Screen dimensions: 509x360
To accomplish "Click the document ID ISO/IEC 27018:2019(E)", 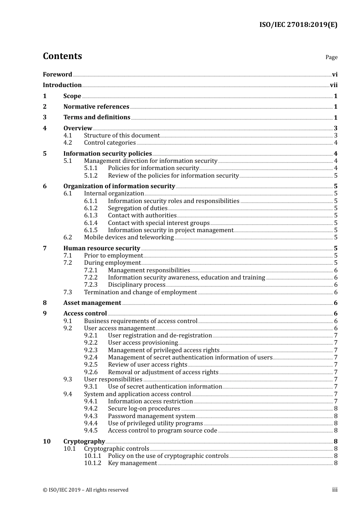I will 298,25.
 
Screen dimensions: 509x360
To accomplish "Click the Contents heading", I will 62,56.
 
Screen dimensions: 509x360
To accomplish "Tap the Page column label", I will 331,57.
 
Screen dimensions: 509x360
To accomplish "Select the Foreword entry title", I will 57,75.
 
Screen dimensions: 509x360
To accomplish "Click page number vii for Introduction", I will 333,85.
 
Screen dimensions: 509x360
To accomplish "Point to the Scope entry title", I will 72,96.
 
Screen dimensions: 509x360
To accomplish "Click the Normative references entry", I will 96,107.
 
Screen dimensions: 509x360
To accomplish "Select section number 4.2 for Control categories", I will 67,143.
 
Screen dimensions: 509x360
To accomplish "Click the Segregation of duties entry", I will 138,208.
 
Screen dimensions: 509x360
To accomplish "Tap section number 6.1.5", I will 91,230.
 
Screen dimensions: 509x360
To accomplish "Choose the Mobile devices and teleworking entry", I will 129,237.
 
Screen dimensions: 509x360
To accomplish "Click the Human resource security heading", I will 102,248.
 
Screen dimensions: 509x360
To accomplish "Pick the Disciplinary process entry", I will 136,285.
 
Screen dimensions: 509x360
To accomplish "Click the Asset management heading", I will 92,303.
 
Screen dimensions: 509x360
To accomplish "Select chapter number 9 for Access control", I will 45,314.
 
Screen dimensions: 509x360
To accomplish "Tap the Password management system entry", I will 151,416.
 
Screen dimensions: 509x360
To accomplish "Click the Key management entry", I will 132,463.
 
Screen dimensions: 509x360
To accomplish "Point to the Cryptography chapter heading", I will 84,442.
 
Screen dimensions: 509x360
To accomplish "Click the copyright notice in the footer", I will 86,490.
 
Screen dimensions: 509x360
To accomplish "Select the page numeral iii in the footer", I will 335,490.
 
